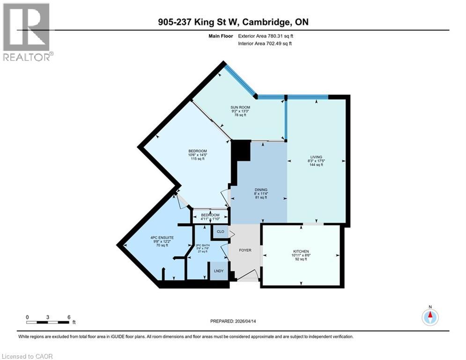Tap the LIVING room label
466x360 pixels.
click(316, 157)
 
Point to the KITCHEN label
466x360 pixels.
click(301, 252)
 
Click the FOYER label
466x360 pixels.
click(245, 250)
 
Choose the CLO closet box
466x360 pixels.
click(219, 231)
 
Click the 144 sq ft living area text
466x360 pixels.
click(316, 165)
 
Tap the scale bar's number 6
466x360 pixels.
click(69, 317)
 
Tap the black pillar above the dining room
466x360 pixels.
click(242, 151)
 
